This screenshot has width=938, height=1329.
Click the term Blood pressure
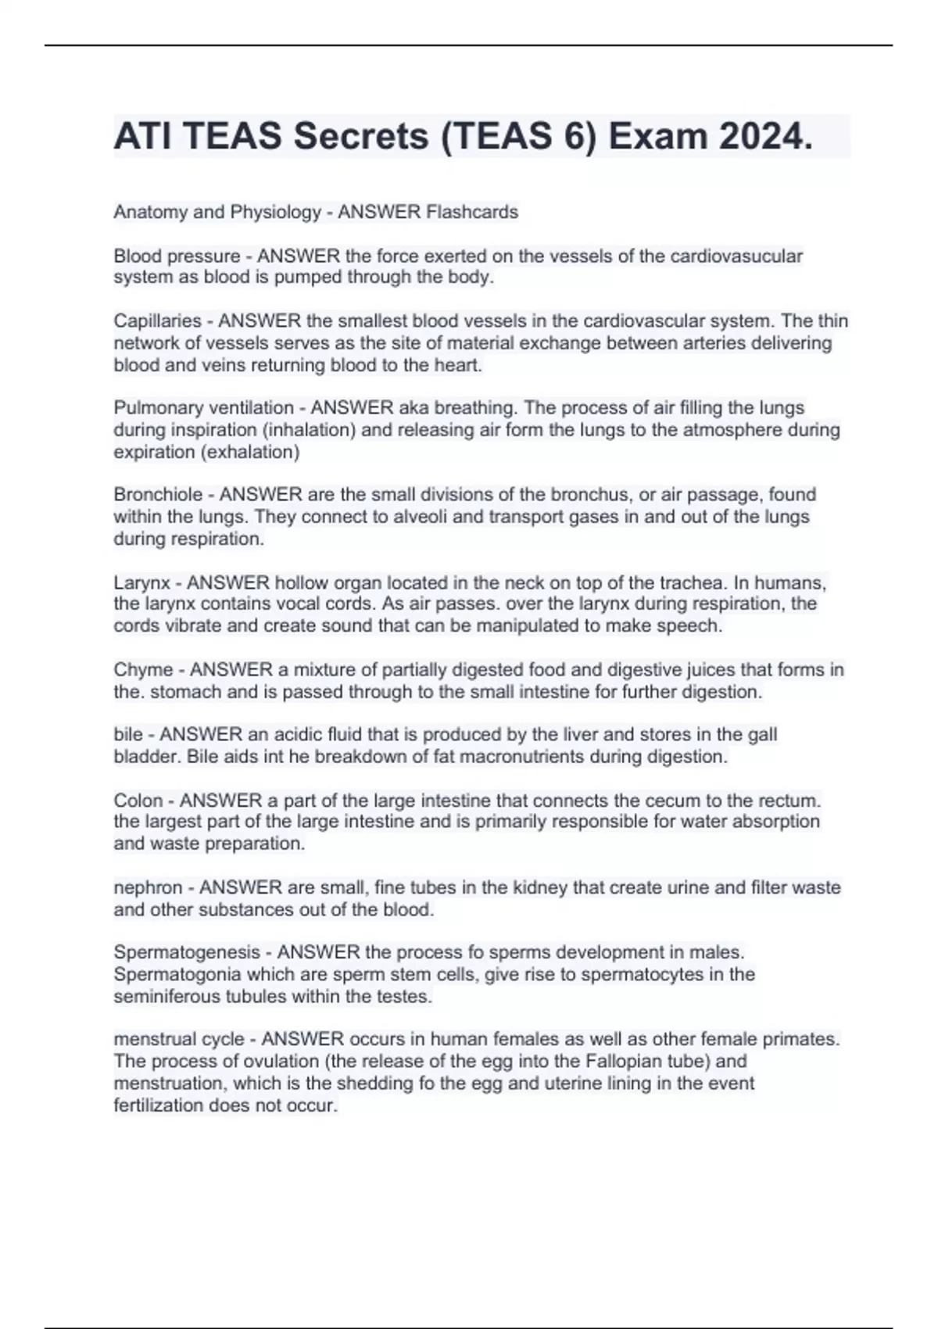tap(177, 256)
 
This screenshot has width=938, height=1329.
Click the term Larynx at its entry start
tap(141, 583)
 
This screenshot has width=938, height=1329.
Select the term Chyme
tap(143, 670)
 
